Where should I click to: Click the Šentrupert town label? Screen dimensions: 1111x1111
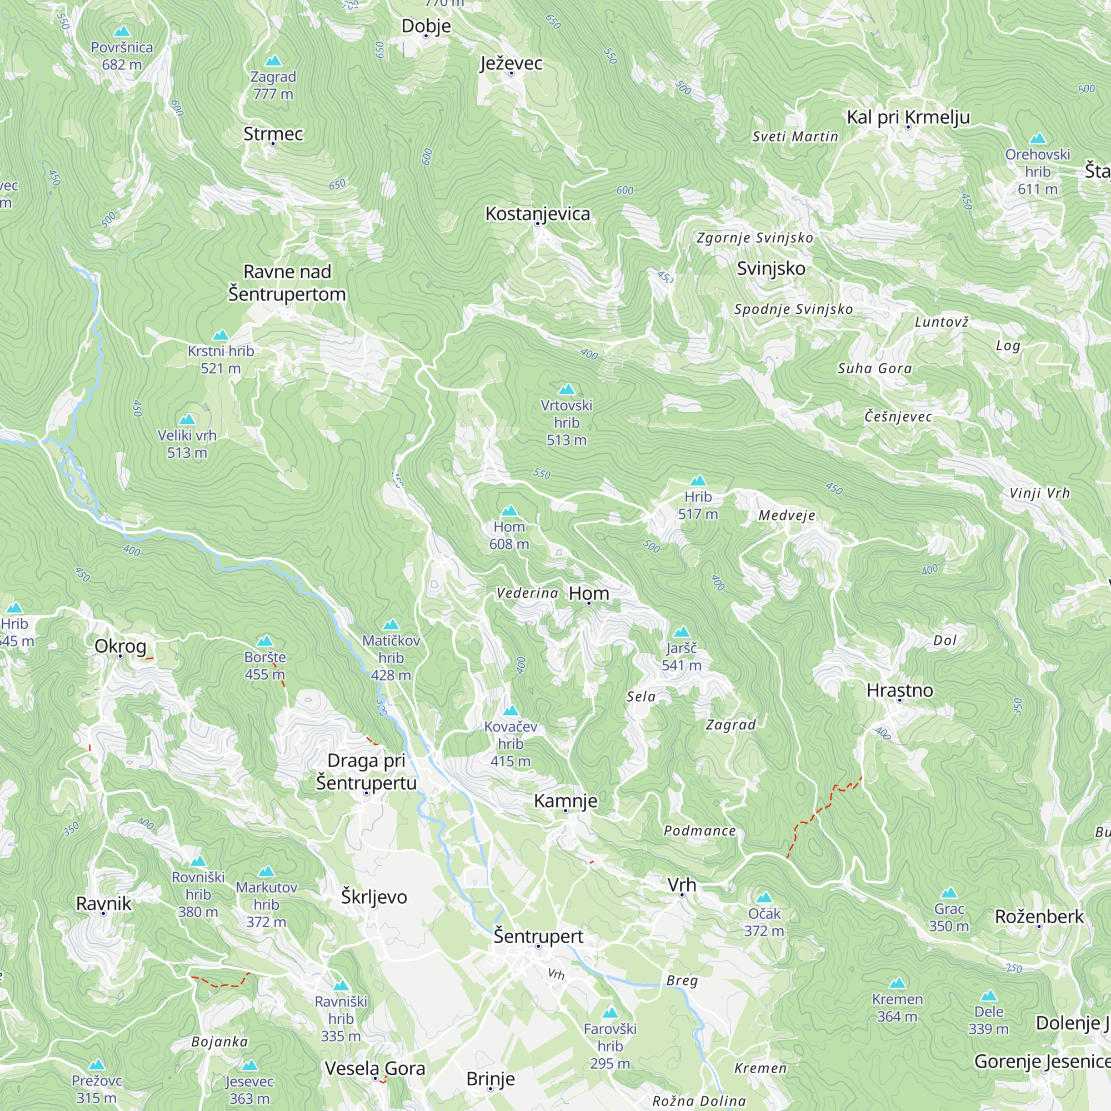pyautogui.click(x=538, y=936)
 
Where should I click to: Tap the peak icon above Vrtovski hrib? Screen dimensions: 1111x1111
pyautogui.click(x=567, y=389)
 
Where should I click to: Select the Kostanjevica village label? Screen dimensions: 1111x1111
pyautogui.click(x=537, y=213)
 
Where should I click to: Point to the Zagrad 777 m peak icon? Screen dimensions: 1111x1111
pyautogui.click(x=273, y=61)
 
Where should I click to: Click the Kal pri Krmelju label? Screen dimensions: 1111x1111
pyautogui.click(x=908, y=117)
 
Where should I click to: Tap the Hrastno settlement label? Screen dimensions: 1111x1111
pyautogui.click(x=899, y=690)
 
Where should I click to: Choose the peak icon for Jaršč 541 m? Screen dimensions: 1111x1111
pyautogui.click(x=682, y=632)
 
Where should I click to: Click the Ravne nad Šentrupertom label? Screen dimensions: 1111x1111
pyautogui.click(x=287, y=282)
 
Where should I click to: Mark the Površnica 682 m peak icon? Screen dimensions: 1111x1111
pyautogui.click(x=121, y=31)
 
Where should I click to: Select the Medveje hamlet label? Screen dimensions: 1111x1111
pyautogui.click(x=786, y=516)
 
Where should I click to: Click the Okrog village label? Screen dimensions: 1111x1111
pyautogui.click(x=120, y=646)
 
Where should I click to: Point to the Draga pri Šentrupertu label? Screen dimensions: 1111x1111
pyautogui.click(x=366, y=772)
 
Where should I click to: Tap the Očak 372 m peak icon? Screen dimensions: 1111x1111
pyautogui.click(x=764, y=898)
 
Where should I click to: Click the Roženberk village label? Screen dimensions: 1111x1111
pyautogui.click(x=1039, y=917)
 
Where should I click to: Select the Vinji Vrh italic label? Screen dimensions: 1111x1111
pyautogui.click(x=1039, y=493)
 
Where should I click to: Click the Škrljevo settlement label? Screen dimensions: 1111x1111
pyautogui.click(x=374, y=897)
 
